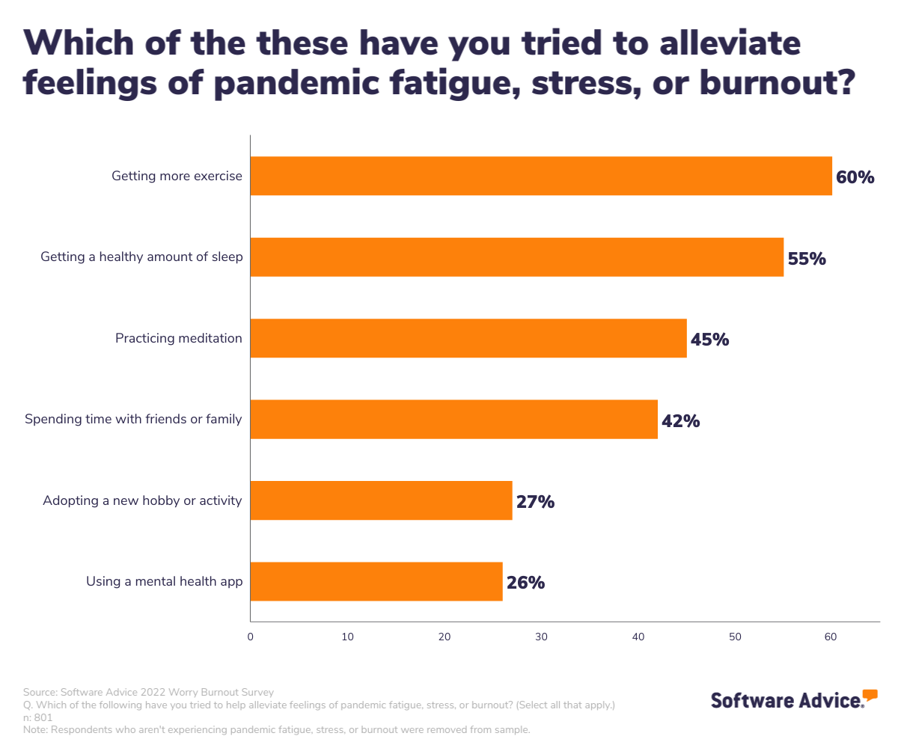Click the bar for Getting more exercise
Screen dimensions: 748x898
click(541, 176)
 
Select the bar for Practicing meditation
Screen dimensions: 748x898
click(468, 338)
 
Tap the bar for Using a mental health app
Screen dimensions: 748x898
click(376, 581)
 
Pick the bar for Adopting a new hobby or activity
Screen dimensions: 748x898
click(381, 500)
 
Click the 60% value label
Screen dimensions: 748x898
click(855, 178)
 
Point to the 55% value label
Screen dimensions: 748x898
click(806, 259)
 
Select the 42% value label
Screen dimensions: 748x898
click(680, 421)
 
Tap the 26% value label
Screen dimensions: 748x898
click(525, 583)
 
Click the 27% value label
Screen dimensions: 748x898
click(535, 502)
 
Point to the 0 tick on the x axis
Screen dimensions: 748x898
click(250, 637)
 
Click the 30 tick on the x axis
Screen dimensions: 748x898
click(541, 637)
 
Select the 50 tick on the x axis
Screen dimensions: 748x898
click(735, 637)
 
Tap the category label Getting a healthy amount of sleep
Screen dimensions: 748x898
click(141, 257)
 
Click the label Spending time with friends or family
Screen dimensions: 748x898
click(133, 419)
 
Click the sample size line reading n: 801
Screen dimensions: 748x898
click(38, 717)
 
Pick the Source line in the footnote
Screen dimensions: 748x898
click(148, 692)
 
